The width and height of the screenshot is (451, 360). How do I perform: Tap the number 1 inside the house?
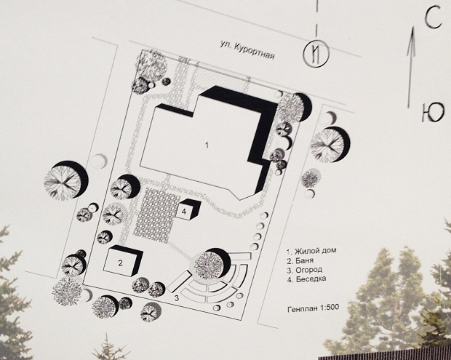point(207,145)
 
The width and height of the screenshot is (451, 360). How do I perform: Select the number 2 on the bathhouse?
point(120,262)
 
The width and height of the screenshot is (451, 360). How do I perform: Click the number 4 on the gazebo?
point(185,211)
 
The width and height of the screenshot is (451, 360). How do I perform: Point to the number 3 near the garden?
point(176,297)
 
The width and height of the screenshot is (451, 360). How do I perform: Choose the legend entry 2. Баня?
point(302,260)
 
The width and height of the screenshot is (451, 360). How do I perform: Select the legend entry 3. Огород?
point(305,270)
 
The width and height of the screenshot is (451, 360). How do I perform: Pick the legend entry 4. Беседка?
point(307,279)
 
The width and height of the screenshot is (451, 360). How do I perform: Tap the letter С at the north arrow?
point(433,20)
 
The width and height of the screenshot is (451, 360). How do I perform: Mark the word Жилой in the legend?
point(305,251)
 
